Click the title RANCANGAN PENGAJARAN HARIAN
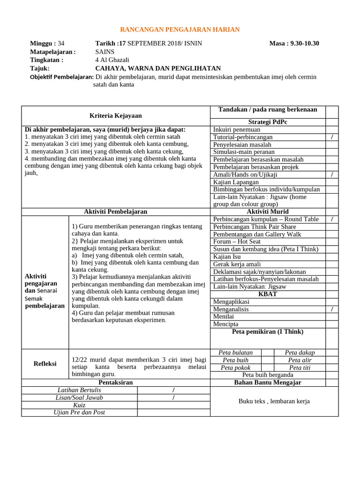point(180,30)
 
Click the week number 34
point(61,44)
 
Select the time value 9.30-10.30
point(305,44)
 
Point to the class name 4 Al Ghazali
point(112,60)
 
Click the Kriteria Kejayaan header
point(116,115)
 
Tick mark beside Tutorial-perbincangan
point(332,137)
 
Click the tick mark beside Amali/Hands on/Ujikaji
point(332,174)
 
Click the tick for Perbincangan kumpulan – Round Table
point(332,219)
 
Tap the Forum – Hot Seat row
point(236,241)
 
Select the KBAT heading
point(268,294)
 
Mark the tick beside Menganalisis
point(332,309)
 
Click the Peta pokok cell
point(235,367)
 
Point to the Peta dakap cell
point(300,352)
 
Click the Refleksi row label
point(45,364)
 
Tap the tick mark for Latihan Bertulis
point(173,390)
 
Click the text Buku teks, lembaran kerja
point(274,401)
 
